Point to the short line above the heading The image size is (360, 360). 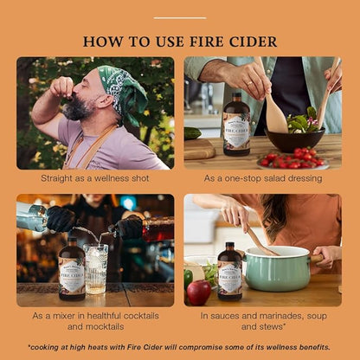point(180,17)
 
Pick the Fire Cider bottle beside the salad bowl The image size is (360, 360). point(236,124)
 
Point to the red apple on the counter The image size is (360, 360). point(199,291)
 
